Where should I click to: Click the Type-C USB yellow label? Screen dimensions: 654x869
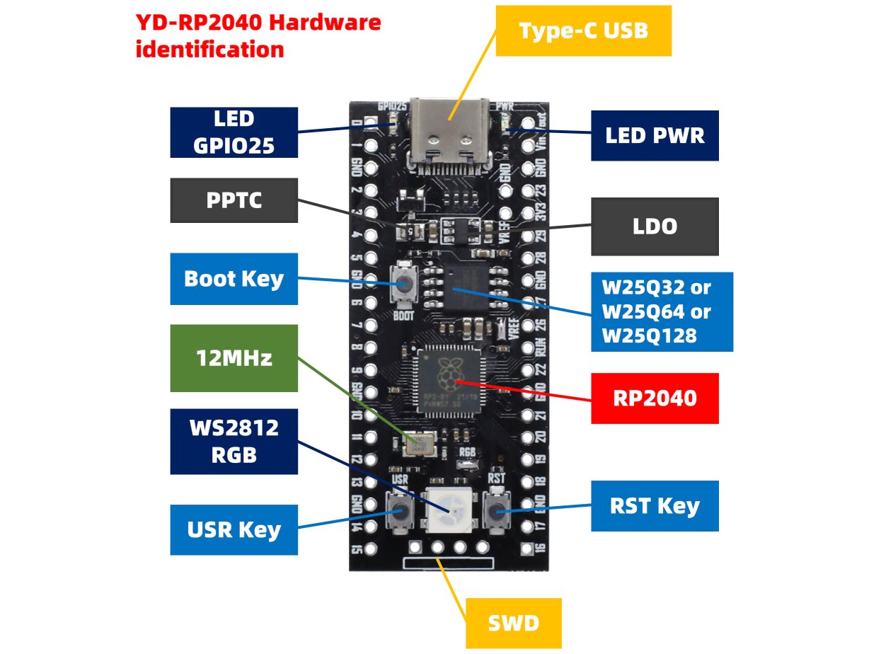click(583, 31)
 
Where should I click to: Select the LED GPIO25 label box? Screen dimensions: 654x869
click(234, 132)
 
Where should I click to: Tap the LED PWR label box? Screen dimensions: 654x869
click(655, 135)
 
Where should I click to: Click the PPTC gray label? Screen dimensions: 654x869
click(234, 200)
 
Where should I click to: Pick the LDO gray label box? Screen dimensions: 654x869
click(655, 226)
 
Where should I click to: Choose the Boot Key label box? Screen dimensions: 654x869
click(234, 278)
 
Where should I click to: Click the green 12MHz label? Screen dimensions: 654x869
click(234, 358)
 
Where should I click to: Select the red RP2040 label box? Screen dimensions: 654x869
click(655, 398)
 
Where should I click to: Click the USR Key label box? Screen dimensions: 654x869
click(234, 529)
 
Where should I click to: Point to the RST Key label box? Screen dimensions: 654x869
click(655, 506)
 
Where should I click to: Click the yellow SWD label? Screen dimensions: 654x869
click(513, 623)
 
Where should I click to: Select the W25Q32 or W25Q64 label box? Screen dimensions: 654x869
click(662, 311)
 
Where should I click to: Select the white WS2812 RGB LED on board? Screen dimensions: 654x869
click(448, 508)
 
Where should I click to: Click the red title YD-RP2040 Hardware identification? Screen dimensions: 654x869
click(258, 36)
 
